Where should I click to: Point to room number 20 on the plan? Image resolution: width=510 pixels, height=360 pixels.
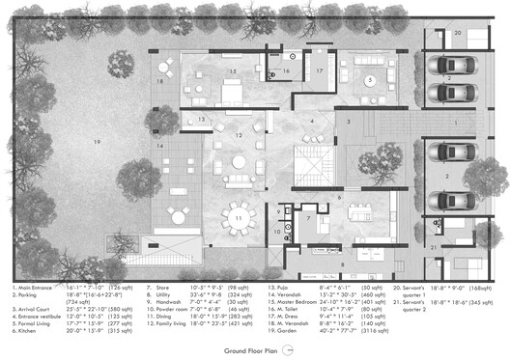(458, 33)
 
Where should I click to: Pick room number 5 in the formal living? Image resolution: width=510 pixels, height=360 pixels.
(369, 80)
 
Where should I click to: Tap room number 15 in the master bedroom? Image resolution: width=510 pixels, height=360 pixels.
(232, 71)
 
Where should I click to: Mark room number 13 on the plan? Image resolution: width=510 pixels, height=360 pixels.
(202, 118)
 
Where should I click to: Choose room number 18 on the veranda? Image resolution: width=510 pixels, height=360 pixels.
(160, 82)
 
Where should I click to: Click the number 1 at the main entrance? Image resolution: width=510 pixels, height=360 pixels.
(457, 125)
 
